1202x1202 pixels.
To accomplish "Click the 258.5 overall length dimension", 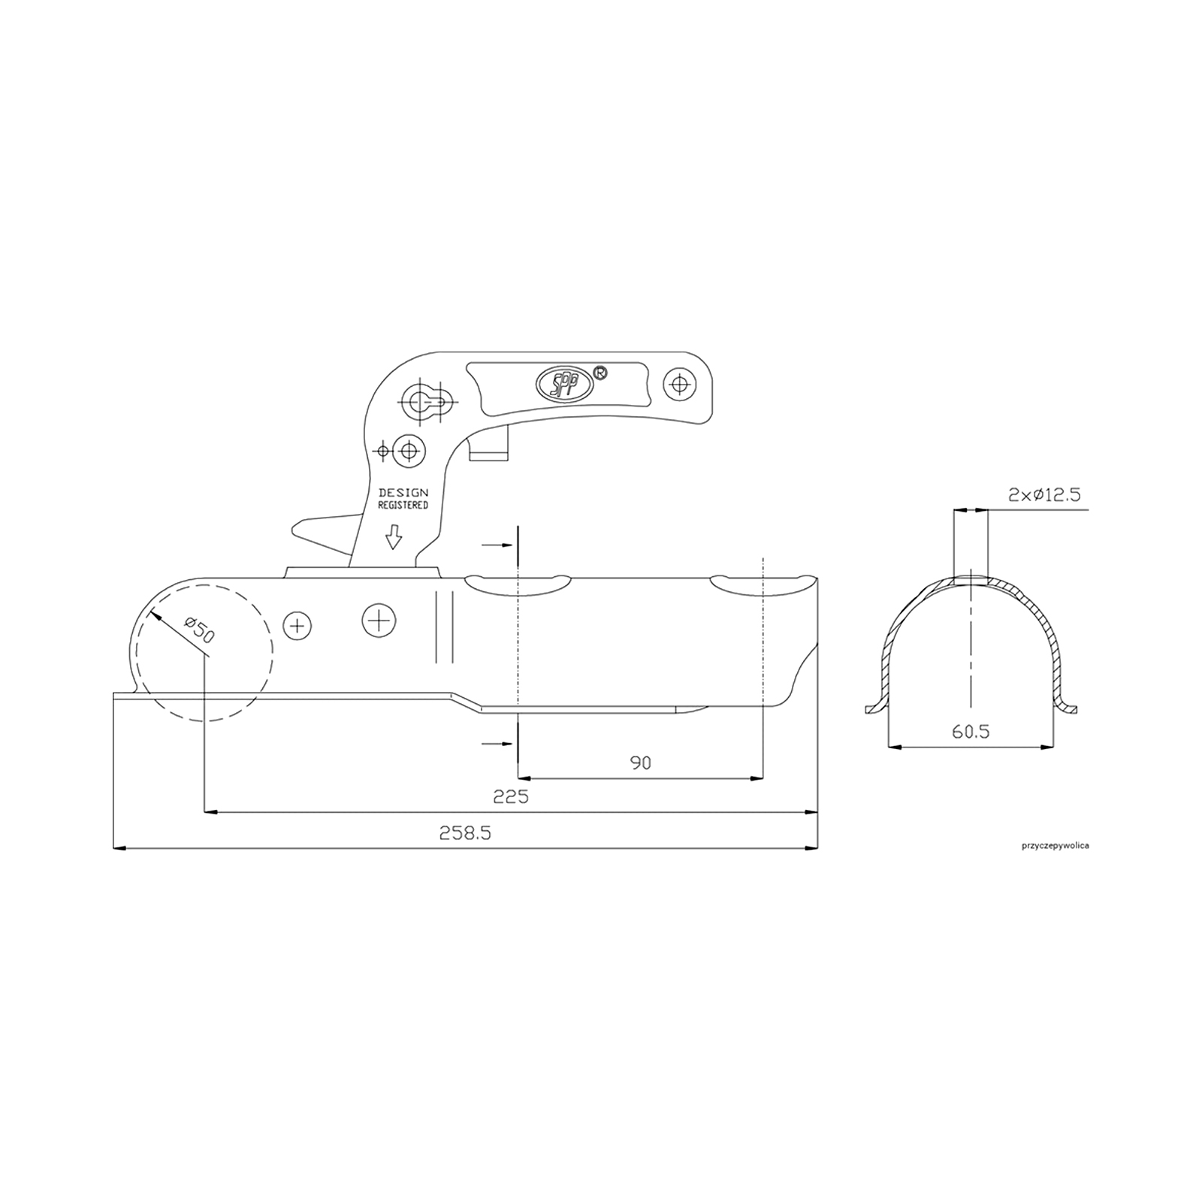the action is point(465,833).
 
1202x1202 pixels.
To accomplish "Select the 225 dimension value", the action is point(511,796).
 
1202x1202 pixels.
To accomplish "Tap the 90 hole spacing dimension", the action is point(640,763).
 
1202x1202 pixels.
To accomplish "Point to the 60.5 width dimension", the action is point(971,731).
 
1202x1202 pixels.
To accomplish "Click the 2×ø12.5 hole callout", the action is point(1044,494).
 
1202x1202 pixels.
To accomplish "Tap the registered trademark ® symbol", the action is point(600,372).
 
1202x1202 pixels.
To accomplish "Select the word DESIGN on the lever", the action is point(403,493).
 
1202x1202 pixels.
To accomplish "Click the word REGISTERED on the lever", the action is point(403,506).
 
